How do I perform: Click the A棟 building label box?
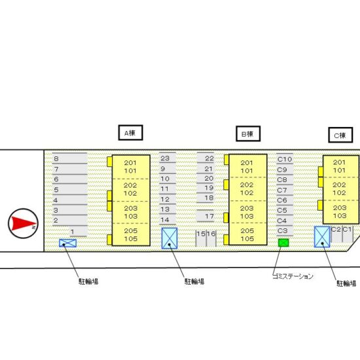[130, 133]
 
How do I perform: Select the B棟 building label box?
[248, 134]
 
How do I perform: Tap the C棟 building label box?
[340, 135]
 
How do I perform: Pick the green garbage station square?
[283, 243]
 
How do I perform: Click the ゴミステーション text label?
[293, 276]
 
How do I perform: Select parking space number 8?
[69, 158]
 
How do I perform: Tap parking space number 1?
[79, 232]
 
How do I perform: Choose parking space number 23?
[168, 158]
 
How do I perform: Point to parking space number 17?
[206, 216]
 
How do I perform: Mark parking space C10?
[285, 159]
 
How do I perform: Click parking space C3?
[285, 231]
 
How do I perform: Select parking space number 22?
[206, 158]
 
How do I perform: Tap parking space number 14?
[168, 220]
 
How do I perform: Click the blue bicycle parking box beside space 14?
[170, 238]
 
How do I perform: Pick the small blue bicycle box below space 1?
[67, 243]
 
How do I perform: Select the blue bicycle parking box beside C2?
[322, 237]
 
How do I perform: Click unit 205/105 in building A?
[131, 234]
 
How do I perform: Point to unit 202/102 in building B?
[247, 189]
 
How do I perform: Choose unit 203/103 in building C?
[340, 211]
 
